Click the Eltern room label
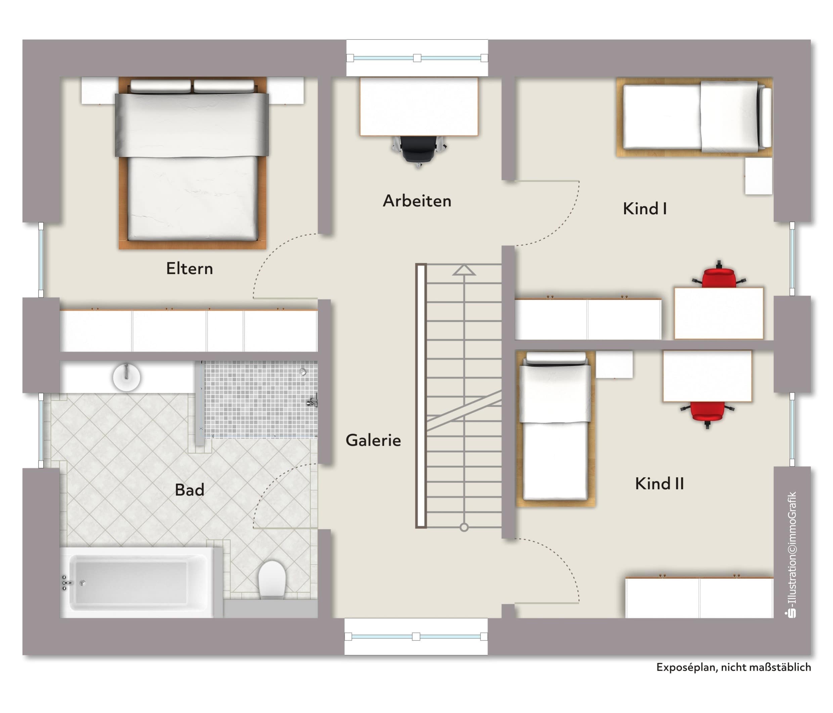tap(189, 268)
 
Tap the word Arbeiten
tap(417, 201)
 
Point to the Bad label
tap(189, 490)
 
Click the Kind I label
tap(645, 208)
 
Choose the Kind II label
tap(659, 484)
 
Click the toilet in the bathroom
tap(272, 579)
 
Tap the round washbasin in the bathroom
tap(127, 377)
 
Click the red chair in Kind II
tap(708, 414)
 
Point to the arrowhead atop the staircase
tap(464, 270)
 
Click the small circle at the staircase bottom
tap(464, 527)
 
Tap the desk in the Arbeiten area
tap(419, 107)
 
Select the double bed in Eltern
tap(192, 163)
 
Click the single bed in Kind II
tap(555, 428)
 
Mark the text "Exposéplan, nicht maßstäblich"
tap(733, 667)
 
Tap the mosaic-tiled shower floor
tap(261, 399)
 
